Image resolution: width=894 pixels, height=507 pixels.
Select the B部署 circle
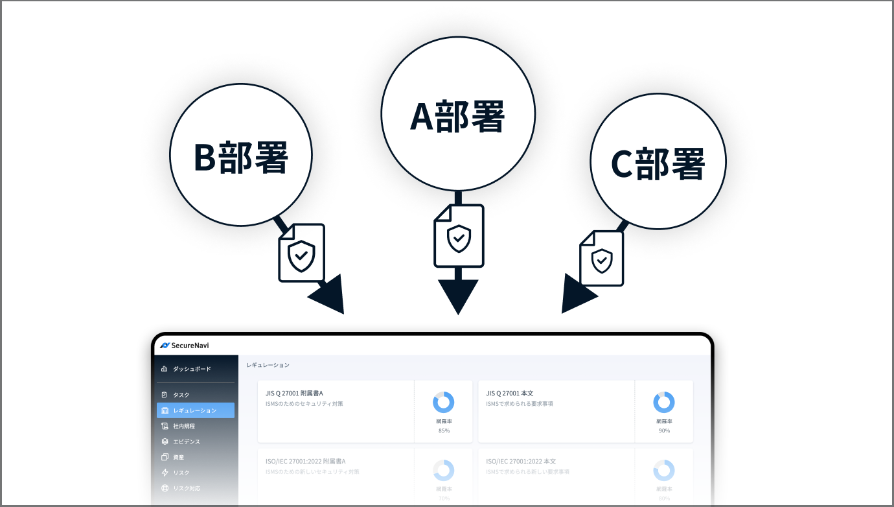(241, 155)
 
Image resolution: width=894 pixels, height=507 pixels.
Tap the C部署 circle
(658, 162)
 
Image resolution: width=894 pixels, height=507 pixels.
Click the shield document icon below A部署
(459, 236)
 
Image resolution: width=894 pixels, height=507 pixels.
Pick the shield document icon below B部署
(301, 253)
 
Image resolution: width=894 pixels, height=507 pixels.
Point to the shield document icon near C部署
(602, 258)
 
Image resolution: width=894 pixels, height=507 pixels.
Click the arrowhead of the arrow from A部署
(458, 296)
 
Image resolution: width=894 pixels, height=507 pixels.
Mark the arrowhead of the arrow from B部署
(328, 296)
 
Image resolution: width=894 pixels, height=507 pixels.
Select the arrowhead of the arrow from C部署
(576, 295)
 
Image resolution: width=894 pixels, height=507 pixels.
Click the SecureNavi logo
(185, 346)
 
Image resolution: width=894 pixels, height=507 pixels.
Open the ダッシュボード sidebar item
(192, 369)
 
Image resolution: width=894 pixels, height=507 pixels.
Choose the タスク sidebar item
(181, 395)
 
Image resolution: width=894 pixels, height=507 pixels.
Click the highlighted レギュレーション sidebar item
(195, 410)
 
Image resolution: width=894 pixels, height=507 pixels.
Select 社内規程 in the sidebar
(184, 426)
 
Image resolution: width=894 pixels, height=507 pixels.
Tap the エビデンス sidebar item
(187, 442)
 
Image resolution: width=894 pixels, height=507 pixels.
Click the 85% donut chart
(444, 403)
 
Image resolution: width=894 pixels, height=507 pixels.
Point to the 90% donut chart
(664, 403)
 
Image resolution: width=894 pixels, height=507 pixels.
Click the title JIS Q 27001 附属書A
(294, 393)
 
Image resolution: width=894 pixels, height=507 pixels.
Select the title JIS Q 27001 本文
(510, 393)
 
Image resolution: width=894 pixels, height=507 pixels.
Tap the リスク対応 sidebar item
(187, 488)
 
